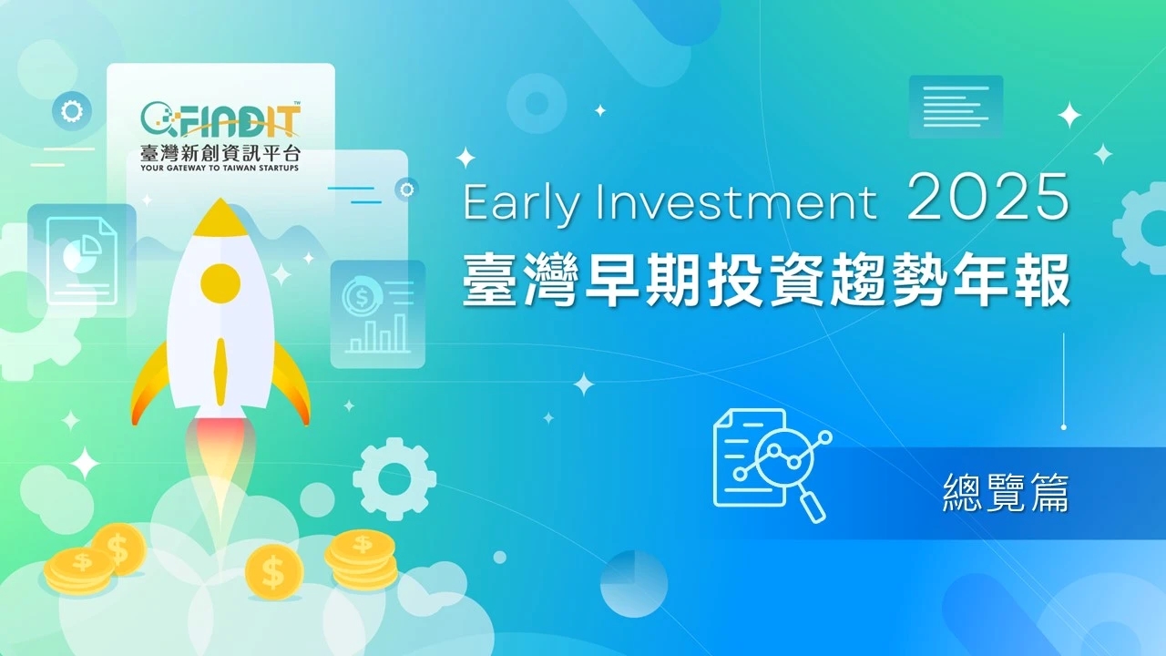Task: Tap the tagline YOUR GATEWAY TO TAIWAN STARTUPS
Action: click(x=220, y=168)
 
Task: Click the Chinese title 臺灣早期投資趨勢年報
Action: click(x=765, y=278)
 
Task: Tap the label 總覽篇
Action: click(x=1006, y=493)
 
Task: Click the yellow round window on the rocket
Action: click(x=220, y=282)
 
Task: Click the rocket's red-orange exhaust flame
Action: click(x=220, y=446)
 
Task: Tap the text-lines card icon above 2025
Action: click(x=956, y=106)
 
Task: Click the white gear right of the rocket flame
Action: click(x=394, y=478)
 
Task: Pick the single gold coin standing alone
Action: click(x=274, y=572)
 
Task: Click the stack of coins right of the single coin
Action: click(x=362, y=559)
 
